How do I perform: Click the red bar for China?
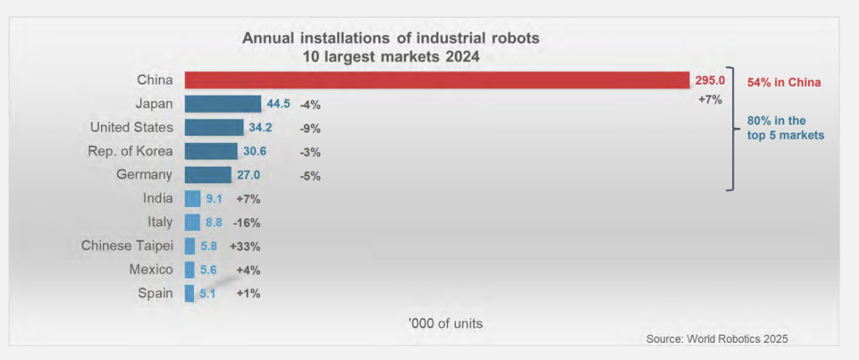click(437, 80)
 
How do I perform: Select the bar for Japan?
click(223, 104)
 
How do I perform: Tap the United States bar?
click(214, 127)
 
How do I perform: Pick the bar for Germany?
click(208, 175)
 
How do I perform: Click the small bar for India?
click(193, 199)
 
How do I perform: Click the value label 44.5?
click(278, 104)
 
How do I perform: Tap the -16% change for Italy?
click(243, 223)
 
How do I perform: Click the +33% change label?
click(245, 246)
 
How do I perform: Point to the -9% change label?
click(311, 129)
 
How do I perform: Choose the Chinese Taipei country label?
click(127, 245)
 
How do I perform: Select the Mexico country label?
click(151, 269)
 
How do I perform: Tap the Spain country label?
click(155, 293)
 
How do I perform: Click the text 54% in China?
click(784, 82)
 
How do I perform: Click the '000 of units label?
click(445, 323)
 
